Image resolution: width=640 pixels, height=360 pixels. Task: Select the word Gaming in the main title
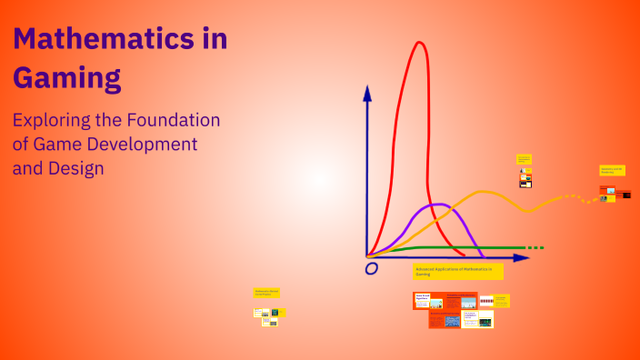tap(66, 78)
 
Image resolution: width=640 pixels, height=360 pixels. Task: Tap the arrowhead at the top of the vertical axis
tap(367, 92)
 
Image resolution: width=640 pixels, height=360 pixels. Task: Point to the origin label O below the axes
tap(371, 268)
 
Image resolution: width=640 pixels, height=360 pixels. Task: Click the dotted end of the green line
tap(535, 247)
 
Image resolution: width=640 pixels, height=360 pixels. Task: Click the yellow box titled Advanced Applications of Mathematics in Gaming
tap(457, 271)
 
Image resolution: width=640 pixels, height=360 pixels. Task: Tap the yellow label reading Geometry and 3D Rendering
tap(612, 170)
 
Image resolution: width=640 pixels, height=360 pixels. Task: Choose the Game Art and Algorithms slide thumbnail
tap(429, 301)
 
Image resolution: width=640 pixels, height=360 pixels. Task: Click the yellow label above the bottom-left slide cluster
tap(266, 293)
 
